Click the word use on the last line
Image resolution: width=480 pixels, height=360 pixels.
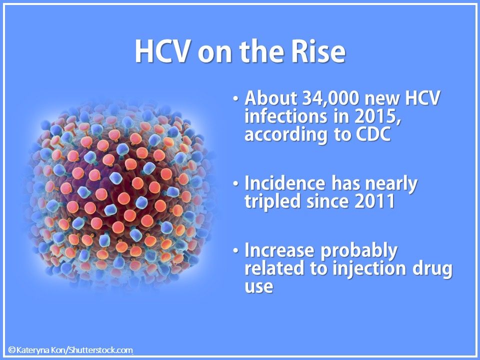coord(259,286)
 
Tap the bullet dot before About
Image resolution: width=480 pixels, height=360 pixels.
coord(235,99)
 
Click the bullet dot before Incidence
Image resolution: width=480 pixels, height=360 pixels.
coord(235,185)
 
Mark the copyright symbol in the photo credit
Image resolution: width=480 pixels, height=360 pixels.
coord(11,350)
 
